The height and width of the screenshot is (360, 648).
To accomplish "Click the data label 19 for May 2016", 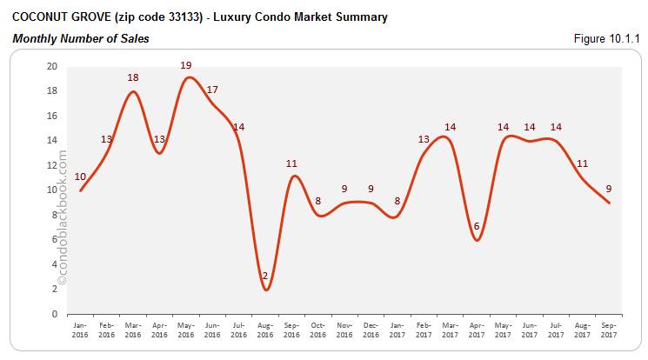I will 187,65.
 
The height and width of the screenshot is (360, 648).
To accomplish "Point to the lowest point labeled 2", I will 266,277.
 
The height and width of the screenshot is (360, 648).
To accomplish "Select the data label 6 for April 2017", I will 477,227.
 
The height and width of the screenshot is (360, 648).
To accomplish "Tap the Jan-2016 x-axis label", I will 80,328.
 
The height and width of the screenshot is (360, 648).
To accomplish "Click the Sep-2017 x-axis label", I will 609,328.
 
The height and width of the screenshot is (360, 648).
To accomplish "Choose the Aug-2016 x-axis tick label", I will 266,328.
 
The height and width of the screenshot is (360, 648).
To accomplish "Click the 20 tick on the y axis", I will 52,66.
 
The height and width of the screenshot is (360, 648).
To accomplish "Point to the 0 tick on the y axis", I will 55,314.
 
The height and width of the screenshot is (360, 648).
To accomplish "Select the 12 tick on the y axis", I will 52,165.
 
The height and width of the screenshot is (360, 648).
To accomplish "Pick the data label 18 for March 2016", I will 133,77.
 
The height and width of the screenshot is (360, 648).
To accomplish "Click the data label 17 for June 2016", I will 212,90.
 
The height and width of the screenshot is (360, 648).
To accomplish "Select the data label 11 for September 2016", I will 292,163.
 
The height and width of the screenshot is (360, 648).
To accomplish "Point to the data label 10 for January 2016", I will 80,177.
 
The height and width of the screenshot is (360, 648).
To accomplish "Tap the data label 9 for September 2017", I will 609,188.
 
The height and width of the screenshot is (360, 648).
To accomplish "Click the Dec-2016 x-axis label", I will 371,328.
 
